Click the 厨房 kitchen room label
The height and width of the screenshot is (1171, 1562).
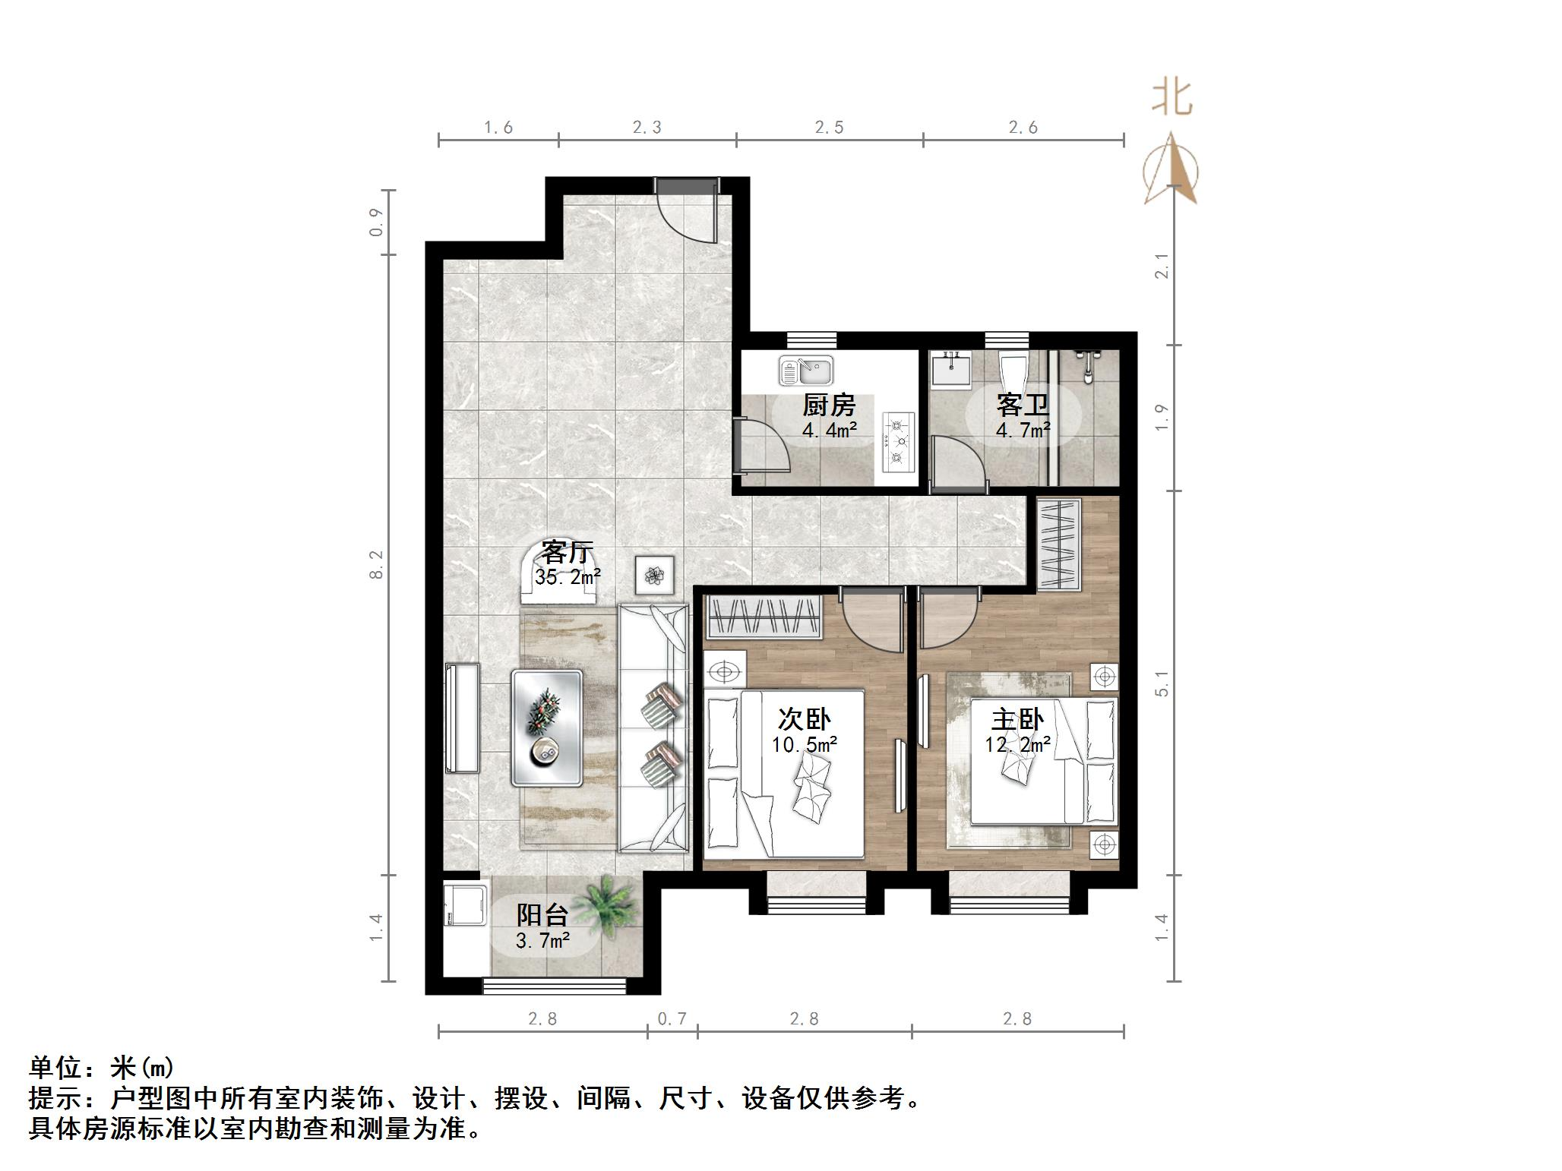point(829,406)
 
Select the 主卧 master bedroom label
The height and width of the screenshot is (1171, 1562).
point(1017,719)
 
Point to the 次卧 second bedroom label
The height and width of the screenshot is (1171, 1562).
point(805,719)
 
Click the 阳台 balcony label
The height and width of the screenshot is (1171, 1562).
point(542,915)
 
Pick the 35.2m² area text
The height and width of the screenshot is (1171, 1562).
point(568,577)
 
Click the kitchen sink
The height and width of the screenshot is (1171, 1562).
point(806,371)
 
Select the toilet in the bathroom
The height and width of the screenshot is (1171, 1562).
point(1013,372)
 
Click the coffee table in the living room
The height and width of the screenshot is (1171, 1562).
point(547,727)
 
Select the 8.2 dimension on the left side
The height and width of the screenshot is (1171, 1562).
point(377,564)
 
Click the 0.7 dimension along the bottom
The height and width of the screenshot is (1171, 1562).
point(672,1018)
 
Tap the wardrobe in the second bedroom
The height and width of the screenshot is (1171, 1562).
point(765,617)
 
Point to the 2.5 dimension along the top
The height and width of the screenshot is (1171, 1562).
point(829,128)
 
